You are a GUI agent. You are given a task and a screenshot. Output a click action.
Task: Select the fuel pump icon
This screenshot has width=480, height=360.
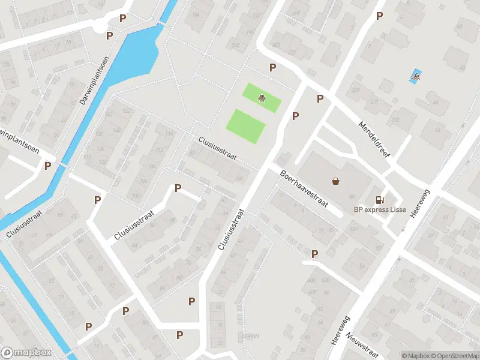coord(379,200)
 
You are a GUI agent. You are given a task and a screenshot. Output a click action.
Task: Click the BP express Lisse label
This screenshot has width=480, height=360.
coord(379,210)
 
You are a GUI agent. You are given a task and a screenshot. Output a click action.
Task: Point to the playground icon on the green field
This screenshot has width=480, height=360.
coord(262,98)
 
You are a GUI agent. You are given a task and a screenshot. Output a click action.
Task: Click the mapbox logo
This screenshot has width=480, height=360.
coord(26,353)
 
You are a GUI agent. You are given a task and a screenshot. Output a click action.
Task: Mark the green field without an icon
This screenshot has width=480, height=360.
coord(245,126)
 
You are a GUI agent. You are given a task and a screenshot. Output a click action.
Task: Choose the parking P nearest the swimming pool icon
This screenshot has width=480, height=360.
coord(379,16)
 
